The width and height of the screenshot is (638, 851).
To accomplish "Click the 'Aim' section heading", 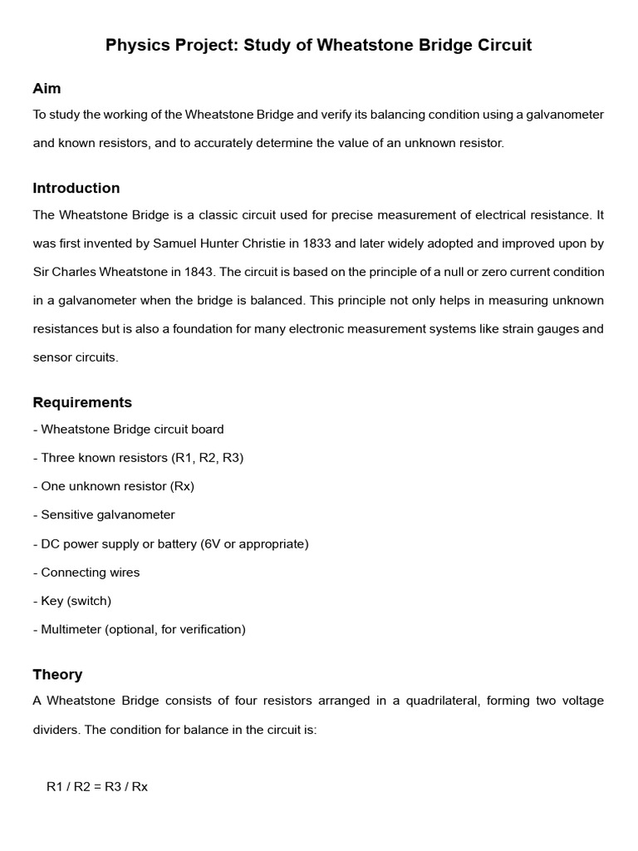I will pos(47,88).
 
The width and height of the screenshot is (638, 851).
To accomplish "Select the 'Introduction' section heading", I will pos(76,188).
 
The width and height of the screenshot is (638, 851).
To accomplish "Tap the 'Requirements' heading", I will pos(82,402).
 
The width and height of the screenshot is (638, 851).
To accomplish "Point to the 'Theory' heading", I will pos(57,674).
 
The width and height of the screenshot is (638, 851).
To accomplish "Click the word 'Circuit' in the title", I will pos(501,46).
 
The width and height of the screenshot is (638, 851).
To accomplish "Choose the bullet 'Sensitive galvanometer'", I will pos(107,514).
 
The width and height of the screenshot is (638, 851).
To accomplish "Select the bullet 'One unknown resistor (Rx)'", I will pos(117,486).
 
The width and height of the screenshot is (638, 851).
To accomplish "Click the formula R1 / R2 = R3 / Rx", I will pos(97,786).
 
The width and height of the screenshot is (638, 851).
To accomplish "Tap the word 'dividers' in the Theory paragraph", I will pos(56,730).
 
